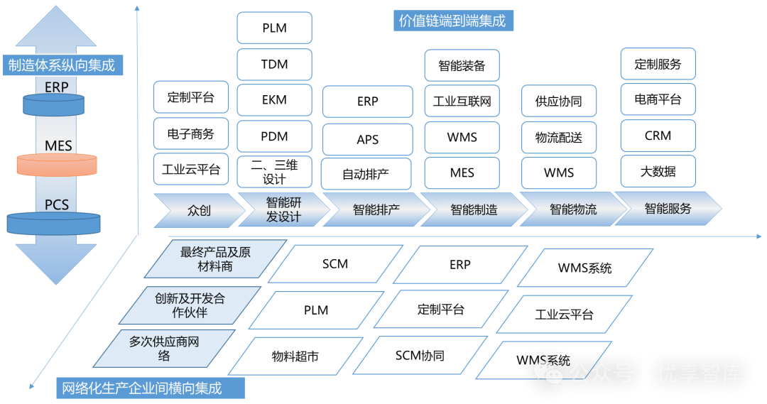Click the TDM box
tap(274, 65)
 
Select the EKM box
tap(274, 100)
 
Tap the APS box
tap(367, 140)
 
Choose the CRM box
tap(658, 136)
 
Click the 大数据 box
tap(658, 171)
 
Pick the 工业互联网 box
tap(462, 102)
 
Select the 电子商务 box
tap(190, 133)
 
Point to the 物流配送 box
tap(559, 138)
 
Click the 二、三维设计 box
tap(274, 171)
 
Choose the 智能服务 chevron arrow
tap(668, 209)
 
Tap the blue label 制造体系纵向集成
tap(61, 66)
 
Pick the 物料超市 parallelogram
tap(295, 356)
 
